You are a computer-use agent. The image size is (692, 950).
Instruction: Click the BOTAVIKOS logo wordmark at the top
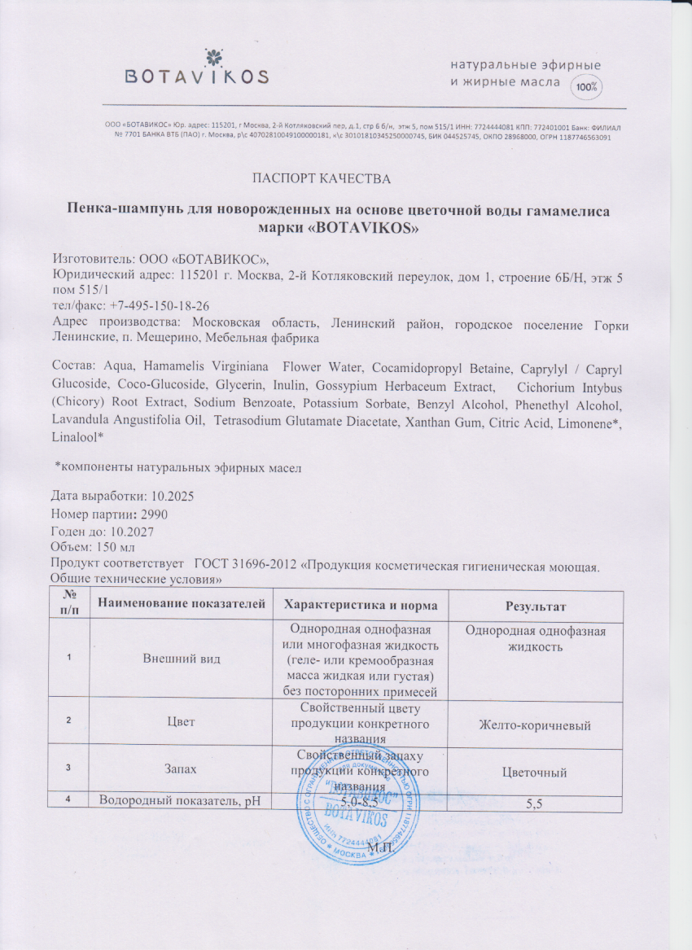(x=196, y=77)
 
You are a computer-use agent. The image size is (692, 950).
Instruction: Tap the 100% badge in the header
(x=585, y=86)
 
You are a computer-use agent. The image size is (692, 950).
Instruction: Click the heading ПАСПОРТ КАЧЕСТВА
(x=322, y=178)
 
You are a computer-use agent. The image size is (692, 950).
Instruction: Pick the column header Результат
(x=535, y=606)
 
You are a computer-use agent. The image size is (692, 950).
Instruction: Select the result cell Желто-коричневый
(x=535, y=725)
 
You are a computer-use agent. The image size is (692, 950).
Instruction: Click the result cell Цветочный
(x=535, y=772)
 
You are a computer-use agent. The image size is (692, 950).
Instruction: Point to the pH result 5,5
(x=535, y=803)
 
